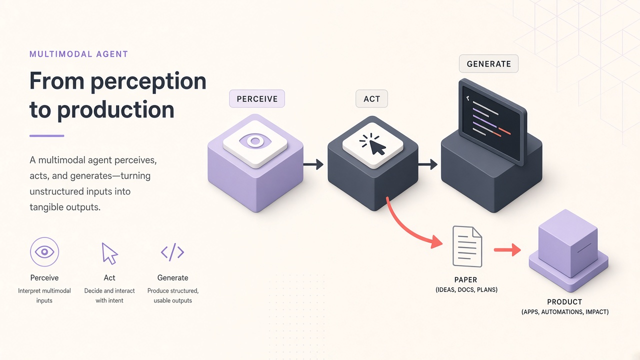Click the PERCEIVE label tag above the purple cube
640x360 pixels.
(257, 98)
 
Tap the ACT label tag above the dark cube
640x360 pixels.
(371, 98)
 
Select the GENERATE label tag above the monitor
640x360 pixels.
(488, 63)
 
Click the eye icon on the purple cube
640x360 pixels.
(255, 141)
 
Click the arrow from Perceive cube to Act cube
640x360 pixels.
(313, 164)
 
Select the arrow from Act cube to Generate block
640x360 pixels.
(427, 164)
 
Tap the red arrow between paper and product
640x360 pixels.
(507, 250)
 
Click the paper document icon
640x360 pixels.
(467, 246)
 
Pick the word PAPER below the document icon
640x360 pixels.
(465, 279)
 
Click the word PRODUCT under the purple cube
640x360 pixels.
(564, 302)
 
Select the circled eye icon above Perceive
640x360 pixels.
(44, 251)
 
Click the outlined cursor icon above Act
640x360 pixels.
(109, 253)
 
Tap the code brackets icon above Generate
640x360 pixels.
(172, 252)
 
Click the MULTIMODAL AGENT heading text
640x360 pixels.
(79, 54)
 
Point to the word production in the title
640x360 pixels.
(115, 110)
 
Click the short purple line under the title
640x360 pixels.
(47, 136)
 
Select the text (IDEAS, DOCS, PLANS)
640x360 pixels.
(466, 289)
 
